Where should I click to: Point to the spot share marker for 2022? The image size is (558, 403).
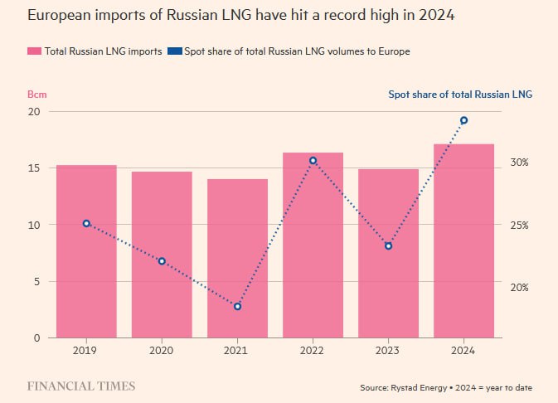tap(313, 161)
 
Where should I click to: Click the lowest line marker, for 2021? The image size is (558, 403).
tap(237, 307)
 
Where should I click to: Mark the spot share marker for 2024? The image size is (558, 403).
tap(463, 120)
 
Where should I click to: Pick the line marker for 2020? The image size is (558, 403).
tap(162, 261)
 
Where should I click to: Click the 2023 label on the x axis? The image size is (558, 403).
tap(388, 351)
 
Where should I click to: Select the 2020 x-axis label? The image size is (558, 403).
tap(162, 351)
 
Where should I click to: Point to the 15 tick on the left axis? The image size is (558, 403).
tap(34, 168)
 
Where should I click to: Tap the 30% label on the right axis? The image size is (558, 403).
tap(520, 163)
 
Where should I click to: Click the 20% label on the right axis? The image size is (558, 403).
tap(520, 288)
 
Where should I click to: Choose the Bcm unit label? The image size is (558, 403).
tap(36, 94)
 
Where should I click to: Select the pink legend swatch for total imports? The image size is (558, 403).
tap(34, 51)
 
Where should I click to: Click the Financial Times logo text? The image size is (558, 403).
tap(81, 386)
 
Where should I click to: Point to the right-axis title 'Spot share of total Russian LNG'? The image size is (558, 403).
tap(460, 94)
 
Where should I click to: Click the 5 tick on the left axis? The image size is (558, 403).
tap(36, 281)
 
